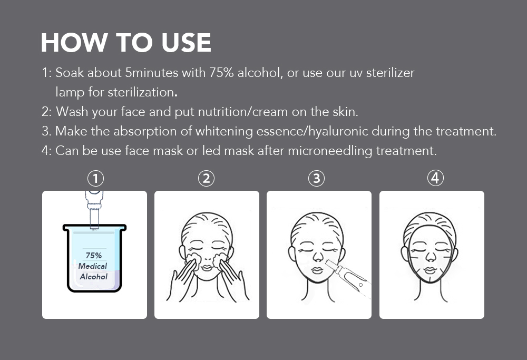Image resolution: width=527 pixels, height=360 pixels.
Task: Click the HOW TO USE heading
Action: pyautogui.click(x=126, y=43)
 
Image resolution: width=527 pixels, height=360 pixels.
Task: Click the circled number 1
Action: pyautogui.click(x=95, y=178)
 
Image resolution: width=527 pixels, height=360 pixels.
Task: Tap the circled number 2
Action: pyautogui.click(x=206, y=178)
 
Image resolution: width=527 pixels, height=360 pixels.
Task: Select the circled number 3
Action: pyautogui.click(x=316, y=178)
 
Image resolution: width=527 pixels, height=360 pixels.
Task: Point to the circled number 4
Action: pyautogui.click(x=435, y=178)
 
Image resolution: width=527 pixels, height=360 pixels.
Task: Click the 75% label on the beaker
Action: pyautogui.click(x=93, y=256)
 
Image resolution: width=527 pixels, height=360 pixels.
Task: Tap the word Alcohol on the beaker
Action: pyautogui.click(x=93, y=277)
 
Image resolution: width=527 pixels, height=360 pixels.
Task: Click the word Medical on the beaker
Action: pyautogui.click(x=92, y=266)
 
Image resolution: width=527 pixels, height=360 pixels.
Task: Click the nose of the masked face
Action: pyautogui.click(x=430, y=257)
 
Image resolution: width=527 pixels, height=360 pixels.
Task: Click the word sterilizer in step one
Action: pyautogui.click(x=390, y=73)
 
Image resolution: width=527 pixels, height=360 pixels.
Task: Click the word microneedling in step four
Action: pyautogui.click(x=330, y=151)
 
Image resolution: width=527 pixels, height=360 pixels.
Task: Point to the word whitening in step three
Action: pyautogui.click(x=224, y=131)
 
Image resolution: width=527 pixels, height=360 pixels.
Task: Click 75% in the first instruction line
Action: pyautogui.click(x=221, y=73)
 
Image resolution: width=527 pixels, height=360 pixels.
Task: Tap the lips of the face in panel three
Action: pyautogui.click(x=317, y=270)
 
